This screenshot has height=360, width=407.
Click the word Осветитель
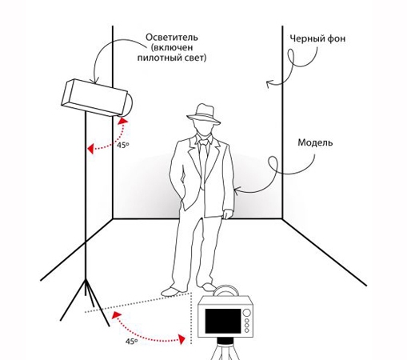[x=172, y=37]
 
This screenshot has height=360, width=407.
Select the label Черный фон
[x=317, y=38]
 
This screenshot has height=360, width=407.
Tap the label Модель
[x=315, y=142]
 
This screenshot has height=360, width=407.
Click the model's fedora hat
[x=204, y=114]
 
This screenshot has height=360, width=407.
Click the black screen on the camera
[x=223, y=322]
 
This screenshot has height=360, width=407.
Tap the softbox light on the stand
[x=98, y=98]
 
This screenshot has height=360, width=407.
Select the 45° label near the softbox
[x=123, y=145]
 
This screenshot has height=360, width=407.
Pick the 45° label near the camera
[x=131, y=341]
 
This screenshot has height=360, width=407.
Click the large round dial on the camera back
[x=247, y=313]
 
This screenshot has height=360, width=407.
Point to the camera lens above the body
[x=225, y=290]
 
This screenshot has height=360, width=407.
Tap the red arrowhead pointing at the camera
[x=182, y=339]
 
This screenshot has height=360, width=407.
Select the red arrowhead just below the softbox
[x=123, y=122]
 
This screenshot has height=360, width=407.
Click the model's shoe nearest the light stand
[x=172, y=290]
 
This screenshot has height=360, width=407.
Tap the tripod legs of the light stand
[x=86, y=302]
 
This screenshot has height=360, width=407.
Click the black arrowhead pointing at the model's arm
[x=237, y=190]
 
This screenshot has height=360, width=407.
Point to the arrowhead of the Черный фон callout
[x=269, y=83]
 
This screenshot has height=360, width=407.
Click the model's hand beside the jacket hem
[x=228, y=214]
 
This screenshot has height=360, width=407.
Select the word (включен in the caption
[x=172, y=47]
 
